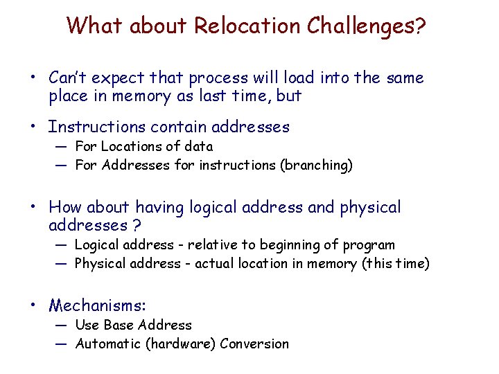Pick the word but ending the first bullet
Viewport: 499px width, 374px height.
pyautogui.click(x=288, y=96)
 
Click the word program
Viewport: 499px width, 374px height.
pyautogui.click(x=369, y=245)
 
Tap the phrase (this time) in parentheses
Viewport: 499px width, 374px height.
pyautogui.click(x=396, y=264)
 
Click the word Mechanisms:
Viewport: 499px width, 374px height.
pyautogui.click(x=98, y=305)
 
